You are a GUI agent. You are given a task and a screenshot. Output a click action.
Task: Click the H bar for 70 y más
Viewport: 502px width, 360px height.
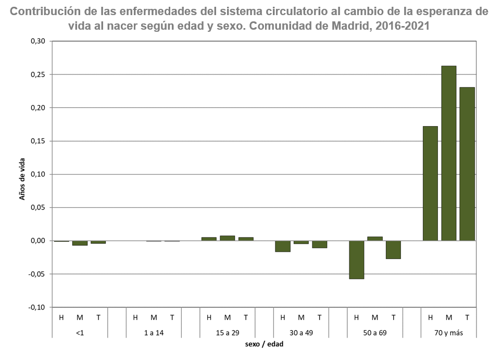click(x=430, y=183)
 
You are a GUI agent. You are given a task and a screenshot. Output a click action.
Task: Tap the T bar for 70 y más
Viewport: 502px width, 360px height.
click(x=467, y=164)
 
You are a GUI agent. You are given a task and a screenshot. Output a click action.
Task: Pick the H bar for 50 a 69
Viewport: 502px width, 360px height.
click(x=356, y=259)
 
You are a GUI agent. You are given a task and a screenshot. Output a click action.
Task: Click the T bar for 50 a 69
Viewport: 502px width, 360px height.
click(x=393, y=250)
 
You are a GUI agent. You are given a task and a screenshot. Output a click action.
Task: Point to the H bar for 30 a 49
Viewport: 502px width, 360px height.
click(x=282, y=246)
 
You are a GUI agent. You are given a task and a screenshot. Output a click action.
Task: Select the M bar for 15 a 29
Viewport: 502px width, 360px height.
click(x=227, y=238)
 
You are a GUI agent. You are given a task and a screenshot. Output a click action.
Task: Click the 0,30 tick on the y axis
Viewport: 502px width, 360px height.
click(x=39, y=41)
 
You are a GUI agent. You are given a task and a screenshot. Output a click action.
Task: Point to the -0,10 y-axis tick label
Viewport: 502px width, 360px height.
click(x=37, y=307)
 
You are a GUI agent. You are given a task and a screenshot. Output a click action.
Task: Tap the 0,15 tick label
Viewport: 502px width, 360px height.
click(x=39, y=141)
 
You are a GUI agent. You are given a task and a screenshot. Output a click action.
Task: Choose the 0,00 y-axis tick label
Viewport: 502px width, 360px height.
click(x=39, y=241)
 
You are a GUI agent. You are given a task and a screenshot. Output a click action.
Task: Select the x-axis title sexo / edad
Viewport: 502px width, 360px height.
click(x=264, y=344)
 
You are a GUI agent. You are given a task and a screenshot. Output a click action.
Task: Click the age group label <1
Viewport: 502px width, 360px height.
click(x=80, y=332)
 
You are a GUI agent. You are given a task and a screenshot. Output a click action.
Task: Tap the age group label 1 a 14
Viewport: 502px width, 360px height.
click(x=154, y=332)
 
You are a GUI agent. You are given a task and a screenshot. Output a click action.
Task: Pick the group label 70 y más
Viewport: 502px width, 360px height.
click(x=448, y=332)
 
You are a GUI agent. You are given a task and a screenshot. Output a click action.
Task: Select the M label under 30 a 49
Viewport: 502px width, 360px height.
click(x=301, y=317)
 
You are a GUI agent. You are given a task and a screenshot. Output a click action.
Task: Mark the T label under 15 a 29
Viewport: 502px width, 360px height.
click(x=246, y=317)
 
